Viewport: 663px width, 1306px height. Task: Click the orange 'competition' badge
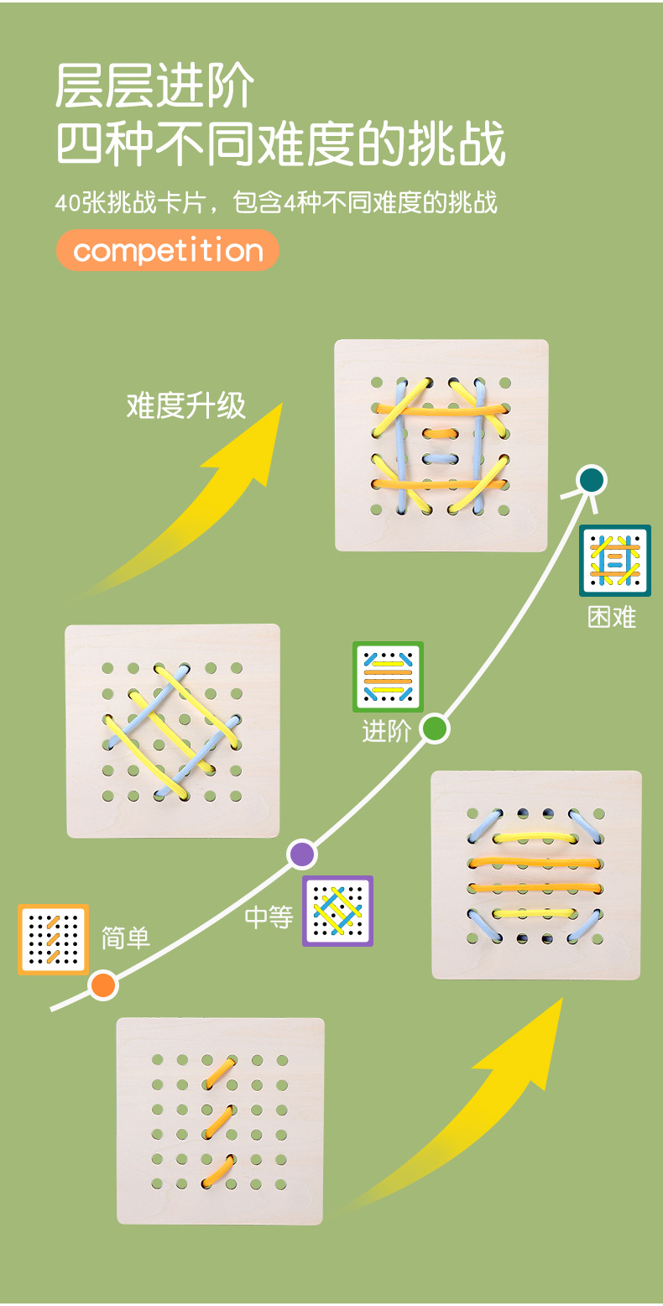(x=168, y=250)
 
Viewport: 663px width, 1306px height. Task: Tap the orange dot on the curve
(x=103, y=985)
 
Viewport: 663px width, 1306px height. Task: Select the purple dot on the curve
(x=302, y=854)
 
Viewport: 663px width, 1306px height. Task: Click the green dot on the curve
(x=434, y=728)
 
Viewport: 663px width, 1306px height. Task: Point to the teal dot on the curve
(x=592, y=480)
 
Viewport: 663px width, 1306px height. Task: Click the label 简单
(x=126, y=938)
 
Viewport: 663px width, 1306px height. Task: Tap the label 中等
(x=269, y=917)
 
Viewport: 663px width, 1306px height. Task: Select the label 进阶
(x=386, y=731)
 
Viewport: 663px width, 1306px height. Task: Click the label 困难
(x=612, y=618)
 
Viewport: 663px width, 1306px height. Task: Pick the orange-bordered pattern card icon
(x=53, y=939)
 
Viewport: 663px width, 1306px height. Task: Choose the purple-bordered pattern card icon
(x=337, y=911)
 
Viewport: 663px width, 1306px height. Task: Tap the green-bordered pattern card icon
(x=388, y=677)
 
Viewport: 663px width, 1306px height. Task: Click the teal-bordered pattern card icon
(x=615, y=561)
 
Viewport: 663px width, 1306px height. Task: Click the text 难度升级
(x=186, y=405)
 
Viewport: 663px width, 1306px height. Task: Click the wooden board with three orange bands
(x=220, y=1121)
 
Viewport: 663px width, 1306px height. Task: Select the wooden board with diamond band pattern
(x=173, y=730)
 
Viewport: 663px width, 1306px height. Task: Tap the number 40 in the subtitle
(x=66, y=203)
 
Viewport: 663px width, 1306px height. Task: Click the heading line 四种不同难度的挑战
(x=281, y=144)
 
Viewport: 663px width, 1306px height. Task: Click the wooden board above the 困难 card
(x=441, y=445)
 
